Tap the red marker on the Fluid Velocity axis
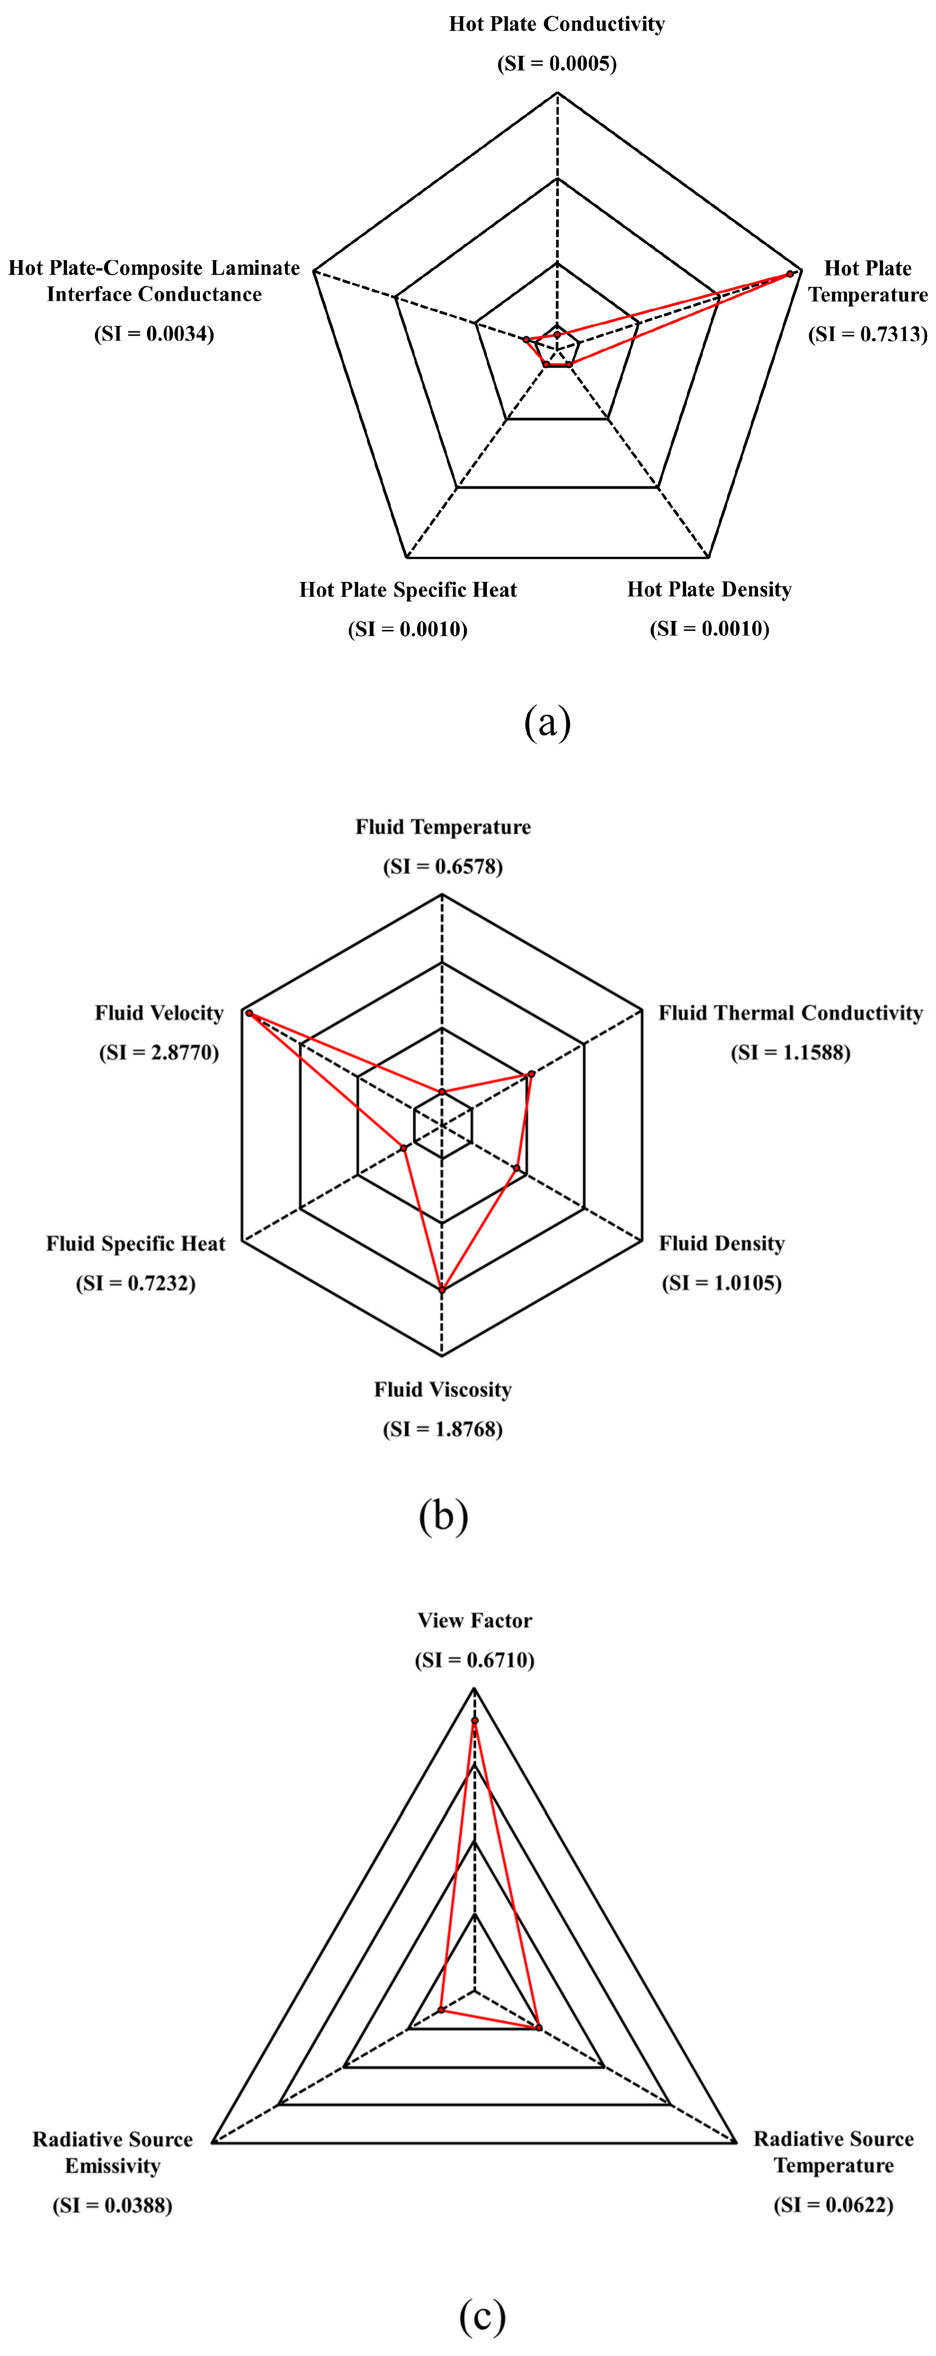pyautogui.click(x=249, y=1014)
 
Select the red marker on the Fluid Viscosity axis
pyautogui.click(x=442, y=1290)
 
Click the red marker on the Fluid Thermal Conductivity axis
pyautogui.click(x=531, y=1075)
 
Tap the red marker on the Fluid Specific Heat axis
pyautogui.click(x=403, y=1148)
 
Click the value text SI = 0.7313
pyautogui.click(x=868, y=334)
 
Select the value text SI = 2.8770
pyautogui.click(x=159, y=1053)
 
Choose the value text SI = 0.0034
pyautogui.click(x=154, y=334)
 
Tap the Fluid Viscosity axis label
pyautogui.click(x=442, y=1390)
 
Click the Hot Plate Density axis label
pyautogui.click(x=709, y=590)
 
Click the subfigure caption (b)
pyautogui.click(x=443, y=1515)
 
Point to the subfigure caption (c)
pyautogui.click(x=481, y=2315)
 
